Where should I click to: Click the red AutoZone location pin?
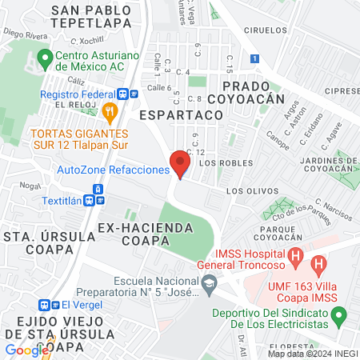(x=180, y=165)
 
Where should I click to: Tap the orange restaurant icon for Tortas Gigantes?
(x=111, y=111)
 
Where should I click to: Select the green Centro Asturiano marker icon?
(x=46, y=58)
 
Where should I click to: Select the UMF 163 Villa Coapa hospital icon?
(x=318, y=263)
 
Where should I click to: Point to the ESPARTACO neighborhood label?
(x=180, y=115)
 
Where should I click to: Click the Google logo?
(x=26, y=350)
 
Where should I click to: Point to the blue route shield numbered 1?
(x=254, y=58)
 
